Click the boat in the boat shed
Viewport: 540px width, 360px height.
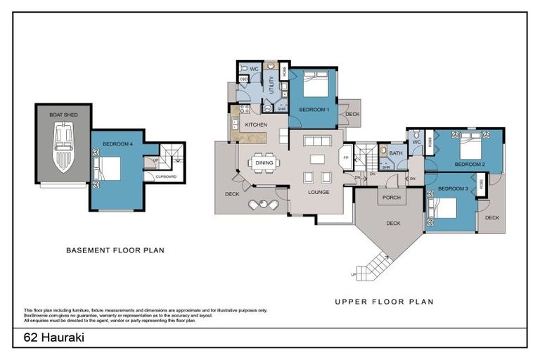[x=64, y=147]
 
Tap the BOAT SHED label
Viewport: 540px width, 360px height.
[x=63, y=114]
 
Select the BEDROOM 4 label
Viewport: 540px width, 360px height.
[x=117, y=144]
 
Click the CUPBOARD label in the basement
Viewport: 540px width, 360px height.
[x=166, y=176]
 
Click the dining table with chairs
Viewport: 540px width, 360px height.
[x=264, y=162]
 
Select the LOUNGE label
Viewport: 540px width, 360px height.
[x=319, y=191]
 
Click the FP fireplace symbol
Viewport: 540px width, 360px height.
[x=345, y=157]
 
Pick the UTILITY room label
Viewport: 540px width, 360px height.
[x=271, y=86]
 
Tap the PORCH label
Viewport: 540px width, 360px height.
[x=391, y=198]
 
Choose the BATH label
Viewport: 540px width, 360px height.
[x=395, y=153]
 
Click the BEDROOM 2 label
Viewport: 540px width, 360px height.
[x=469, y=164]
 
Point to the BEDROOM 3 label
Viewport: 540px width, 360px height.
[x=452, y=189]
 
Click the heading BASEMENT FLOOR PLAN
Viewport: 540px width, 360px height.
[x=115, y=250]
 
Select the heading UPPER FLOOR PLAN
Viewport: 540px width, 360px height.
[x=384, y=302]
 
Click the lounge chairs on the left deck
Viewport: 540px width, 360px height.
[x=263, y=205]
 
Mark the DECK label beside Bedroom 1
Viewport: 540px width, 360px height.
[x=352, y=113]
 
